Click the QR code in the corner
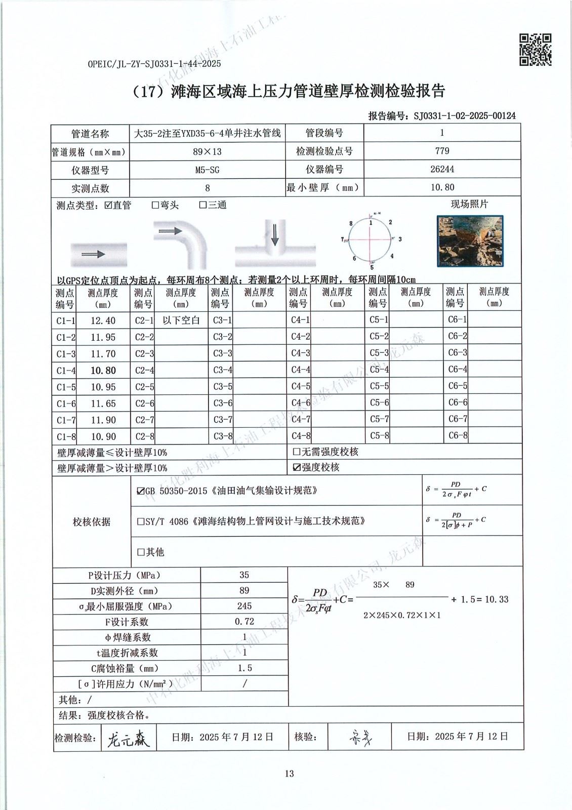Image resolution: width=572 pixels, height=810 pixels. pos(535,50)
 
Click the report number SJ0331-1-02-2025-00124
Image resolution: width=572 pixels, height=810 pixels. pos(464,115)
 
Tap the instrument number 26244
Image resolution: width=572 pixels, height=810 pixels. pos(442,169)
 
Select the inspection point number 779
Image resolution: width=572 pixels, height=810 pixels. pos(442,151)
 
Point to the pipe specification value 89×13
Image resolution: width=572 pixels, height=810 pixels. pos(207,151)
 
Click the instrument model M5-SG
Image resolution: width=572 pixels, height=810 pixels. pos(207,170)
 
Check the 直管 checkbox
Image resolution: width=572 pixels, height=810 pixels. pos(108,205)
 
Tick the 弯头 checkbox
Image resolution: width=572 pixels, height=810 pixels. pos(155,205)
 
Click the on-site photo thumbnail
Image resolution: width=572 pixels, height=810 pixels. pos(471,241)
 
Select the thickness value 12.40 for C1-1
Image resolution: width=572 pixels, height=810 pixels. pos(103,320)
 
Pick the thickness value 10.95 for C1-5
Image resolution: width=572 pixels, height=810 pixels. pos(103,387)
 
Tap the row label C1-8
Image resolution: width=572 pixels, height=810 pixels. pos(66,436)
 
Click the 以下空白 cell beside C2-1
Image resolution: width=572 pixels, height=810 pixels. pos(181,320)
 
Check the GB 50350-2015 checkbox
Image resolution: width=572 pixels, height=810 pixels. pos(140,491)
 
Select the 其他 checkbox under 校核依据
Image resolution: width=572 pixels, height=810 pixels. pos(141,552)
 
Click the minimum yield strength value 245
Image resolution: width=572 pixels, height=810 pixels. pos(244,606)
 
